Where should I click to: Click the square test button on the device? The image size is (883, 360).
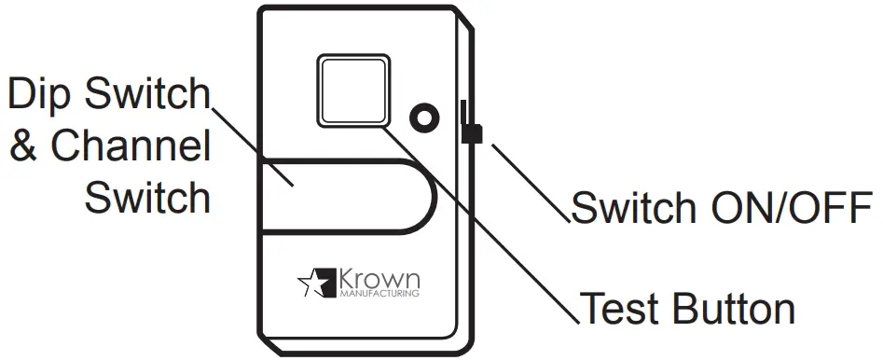pyautogui.click(x=353, y=90)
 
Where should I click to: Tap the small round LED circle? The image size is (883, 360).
pyautogui.click(x=425, y=118)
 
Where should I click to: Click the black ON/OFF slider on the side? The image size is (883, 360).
pyautogui.click(x=471, y=133)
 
